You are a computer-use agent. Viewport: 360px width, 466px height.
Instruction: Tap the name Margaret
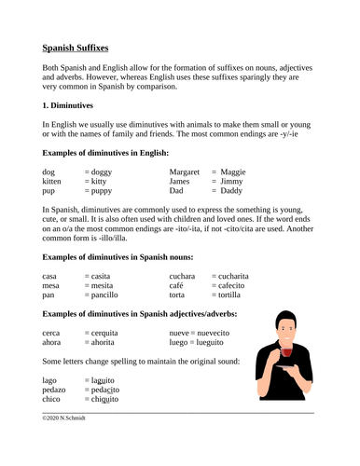pyautogui.click(x=189, y=172)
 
